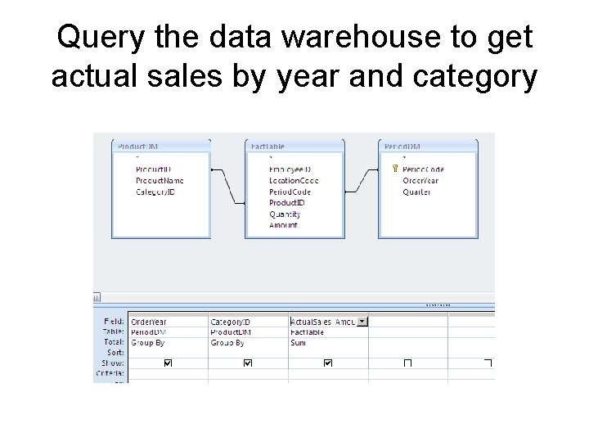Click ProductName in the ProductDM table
click(x=160, y=181)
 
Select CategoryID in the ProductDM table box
click(x=155, y=192)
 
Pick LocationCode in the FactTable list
click(x=294, y=181)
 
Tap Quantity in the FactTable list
click(x=286, y=214)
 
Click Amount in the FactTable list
click(x=284, y=225)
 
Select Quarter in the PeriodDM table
click(x=416, y=192)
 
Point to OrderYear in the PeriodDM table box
click(x=420, y=181)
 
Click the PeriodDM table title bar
click(x=428, y=146)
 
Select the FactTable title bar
click(x=294, y=146)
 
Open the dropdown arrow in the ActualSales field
click(x=363, y=322)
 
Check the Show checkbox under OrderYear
click(x=169, y=363)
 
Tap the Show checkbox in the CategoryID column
click(x=248, y=363)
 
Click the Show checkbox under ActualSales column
click(x=328, y=363)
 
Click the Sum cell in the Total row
click(x=298, y=342)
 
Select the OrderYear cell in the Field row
click(x=148, y=322)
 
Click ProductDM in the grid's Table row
click(x=231, y=332)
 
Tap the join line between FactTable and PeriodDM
click(x=362, y=181)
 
